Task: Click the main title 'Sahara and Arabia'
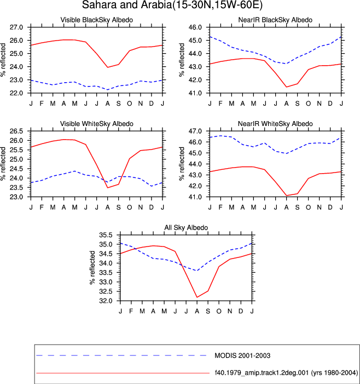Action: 127,4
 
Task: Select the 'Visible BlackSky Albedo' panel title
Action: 97,20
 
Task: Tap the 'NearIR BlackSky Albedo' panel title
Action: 275,20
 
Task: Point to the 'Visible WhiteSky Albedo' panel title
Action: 97,124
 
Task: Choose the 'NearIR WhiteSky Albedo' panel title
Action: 275,124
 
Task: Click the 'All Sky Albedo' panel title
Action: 186,227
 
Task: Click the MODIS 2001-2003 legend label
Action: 242,356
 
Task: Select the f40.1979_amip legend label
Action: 286,372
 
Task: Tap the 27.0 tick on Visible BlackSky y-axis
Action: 16,27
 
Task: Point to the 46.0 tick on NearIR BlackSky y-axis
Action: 195,27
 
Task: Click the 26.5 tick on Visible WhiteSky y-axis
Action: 16,131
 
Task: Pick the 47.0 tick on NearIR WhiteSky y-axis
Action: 195,131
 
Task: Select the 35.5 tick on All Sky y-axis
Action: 106,235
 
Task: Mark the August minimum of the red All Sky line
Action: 197,297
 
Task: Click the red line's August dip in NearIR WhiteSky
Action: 286,196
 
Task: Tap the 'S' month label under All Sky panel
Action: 208,311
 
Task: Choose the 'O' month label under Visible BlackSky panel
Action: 129,104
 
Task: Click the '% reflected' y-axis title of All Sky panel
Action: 92,268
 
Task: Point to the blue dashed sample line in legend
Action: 121,355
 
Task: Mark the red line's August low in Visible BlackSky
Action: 108,67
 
